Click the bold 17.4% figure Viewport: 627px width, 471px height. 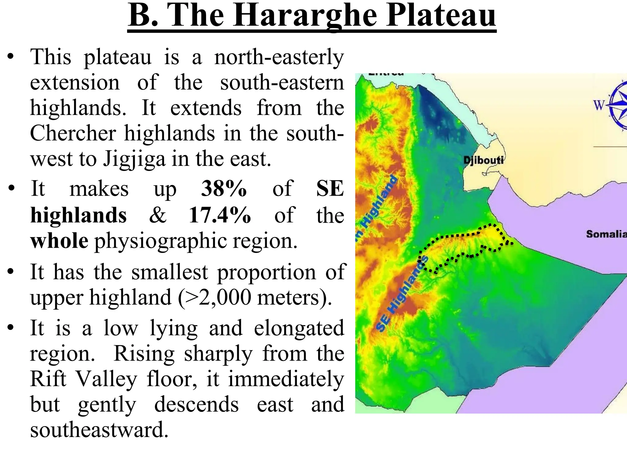pos(220,215)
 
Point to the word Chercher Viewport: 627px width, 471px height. pos(73,133)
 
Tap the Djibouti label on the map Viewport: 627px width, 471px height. pos(483,160)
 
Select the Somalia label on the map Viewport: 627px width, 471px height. pos(606,234)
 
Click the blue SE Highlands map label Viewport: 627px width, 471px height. pos(402,295)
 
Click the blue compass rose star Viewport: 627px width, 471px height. pos(618,105)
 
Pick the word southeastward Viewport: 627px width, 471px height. pos(99,430)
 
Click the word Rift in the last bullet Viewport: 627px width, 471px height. pos(48,379)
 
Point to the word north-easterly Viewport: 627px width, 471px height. pos(279,57)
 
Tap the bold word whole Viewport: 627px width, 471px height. pos(59,241)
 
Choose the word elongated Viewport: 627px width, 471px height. pos(299,328)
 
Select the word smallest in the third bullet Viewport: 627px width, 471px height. pos(170,272)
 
